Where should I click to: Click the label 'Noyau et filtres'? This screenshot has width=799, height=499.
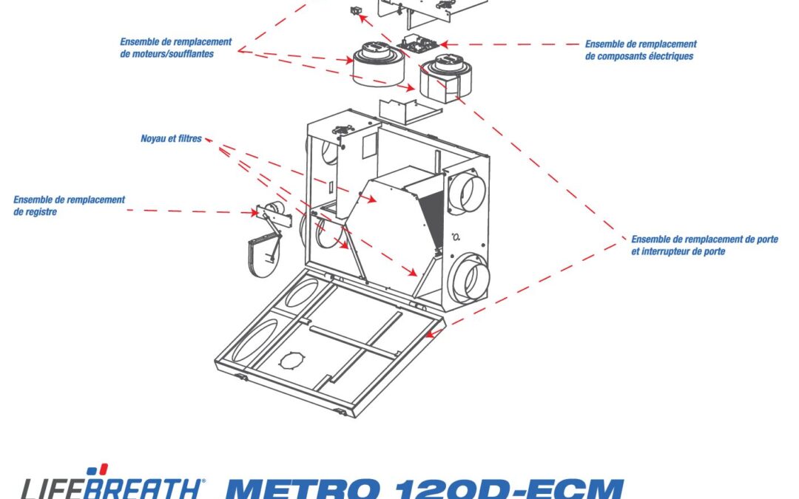click(171, 138)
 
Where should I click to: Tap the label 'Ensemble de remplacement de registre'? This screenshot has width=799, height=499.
click(69, 206)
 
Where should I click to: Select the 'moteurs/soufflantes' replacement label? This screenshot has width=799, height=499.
click(175, 48)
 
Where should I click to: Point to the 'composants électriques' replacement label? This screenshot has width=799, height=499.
click(640, 50)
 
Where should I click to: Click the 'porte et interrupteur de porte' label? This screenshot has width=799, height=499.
click(704, 245)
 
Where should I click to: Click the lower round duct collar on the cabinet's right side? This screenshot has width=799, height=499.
click(469, 276)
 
